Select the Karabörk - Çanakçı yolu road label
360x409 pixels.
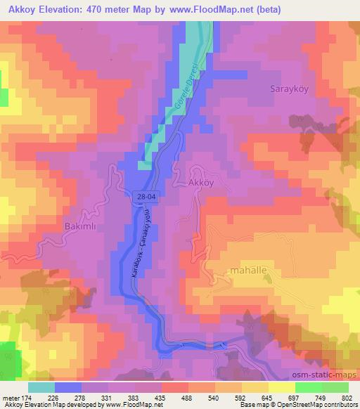141,251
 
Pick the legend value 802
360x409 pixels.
347,397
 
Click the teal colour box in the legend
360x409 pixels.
41,387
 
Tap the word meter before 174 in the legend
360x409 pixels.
11,397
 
